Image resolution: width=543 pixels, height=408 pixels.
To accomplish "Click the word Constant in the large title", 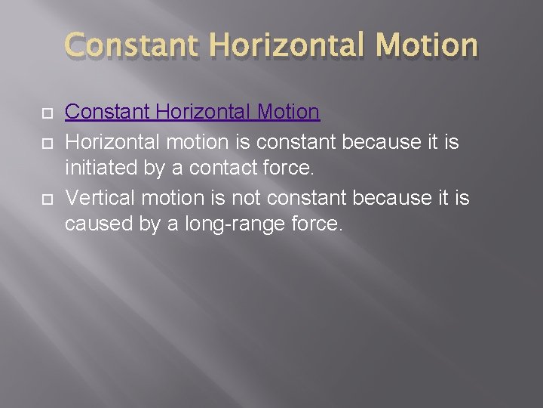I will [x=133, y=45].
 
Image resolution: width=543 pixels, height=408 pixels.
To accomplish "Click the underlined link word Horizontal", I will [x=202, y=113].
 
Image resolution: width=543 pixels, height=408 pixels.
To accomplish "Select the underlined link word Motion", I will [x=290, y=113].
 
